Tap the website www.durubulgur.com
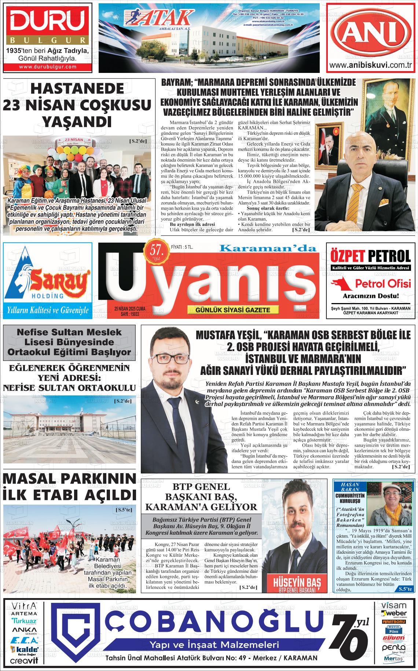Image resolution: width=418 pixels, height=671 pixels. (48, 67)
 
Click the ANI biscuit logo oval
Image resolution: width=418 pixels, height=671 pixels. (371, 33)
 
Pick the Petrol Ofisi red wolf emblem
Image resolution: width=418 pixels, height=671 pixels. (340, 283)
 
